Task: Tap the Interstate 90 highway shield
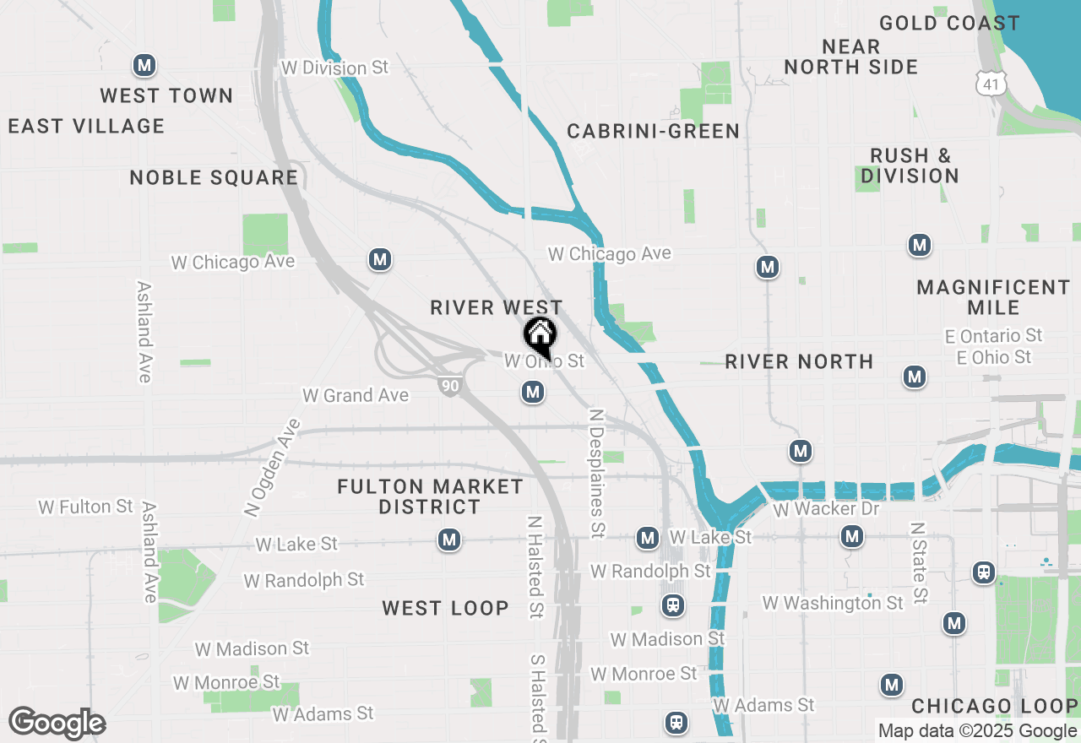pyautogui.click(x=450, y=386)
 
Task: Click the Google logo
pyautogui.click(x=57, y=723)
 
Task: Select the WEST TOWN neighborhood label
pyautogui.click(x=166, y=95)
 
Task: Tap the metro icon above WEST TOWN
pyautogui.click(x=144, y=65)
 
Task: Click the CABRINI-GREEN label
pyautogui.click(x=653, y=131)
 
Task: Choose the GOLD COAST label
pyautogui.click(x=949, y=23)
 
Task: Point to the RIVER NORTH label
pyautogui.click(x=799, y=361)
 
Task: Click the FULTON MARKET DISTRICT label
pyautogui.click(x=430, y=496)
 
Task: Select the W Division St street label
pyautogui.click(x=335, y=68)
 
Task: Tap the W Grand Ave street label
pyautogui.click(x=356, y=395)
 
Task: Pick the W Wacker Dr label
pyautogui.click(x=826, y=509)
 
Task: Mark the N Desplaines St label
pyautogui.click(x=597, y=474)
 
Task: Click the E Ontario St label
pyautogui.click(x=994, y=336)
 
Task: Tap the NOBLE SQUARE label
pyautogui.click(x=214, y=177)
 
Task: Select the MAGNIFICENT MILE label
pyautogui.click(x=993, y=297)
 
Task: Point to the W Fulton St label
pyautogui.click(x=86, y=507)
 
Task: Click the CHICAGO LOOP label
pyautogui.click(x=994, y=706)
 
